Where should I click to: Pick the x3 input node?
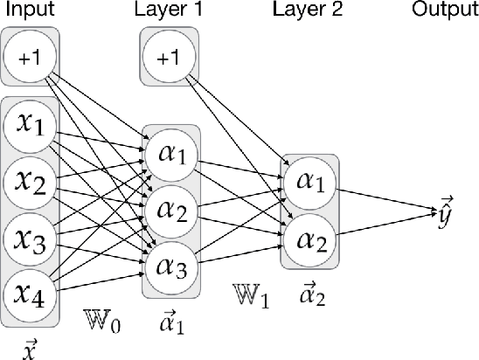pos(31,238)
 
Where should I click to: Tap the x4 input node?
pos(31,293)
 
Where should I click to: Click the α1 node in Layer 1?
pos(170,155)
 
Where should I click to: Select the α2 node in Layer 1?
pos(170,210)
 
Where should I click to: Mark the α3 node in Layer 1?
pos(170,265)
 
